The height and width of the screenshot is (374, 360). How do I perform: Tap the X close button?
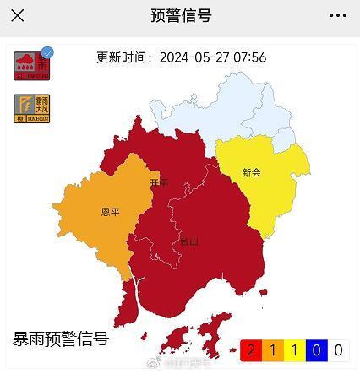coord(17,15)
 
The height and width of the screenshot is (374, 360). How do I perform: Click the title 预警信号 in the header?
coord(180,15)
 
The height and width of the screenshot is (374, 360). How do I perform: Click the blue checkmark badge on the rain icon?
coord(47,53)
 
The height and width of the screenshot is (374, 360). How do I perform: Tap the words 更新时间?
coord(123,57)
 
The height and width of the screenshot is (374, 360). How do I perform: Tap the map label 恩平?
coord(110,212)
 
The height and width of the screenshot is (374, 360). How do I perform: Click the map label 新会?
coord(251,172)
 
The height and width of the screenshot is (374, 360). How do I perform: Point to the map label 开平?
coord(159,182)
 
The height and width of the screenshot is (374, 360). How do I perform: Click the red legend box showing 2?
coord(250,350)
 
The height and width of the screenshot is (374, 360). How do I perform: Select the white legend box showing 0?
coord(338,350)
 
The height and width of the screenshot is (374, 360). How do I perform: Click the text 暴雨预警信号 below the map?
coord(61,339)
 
